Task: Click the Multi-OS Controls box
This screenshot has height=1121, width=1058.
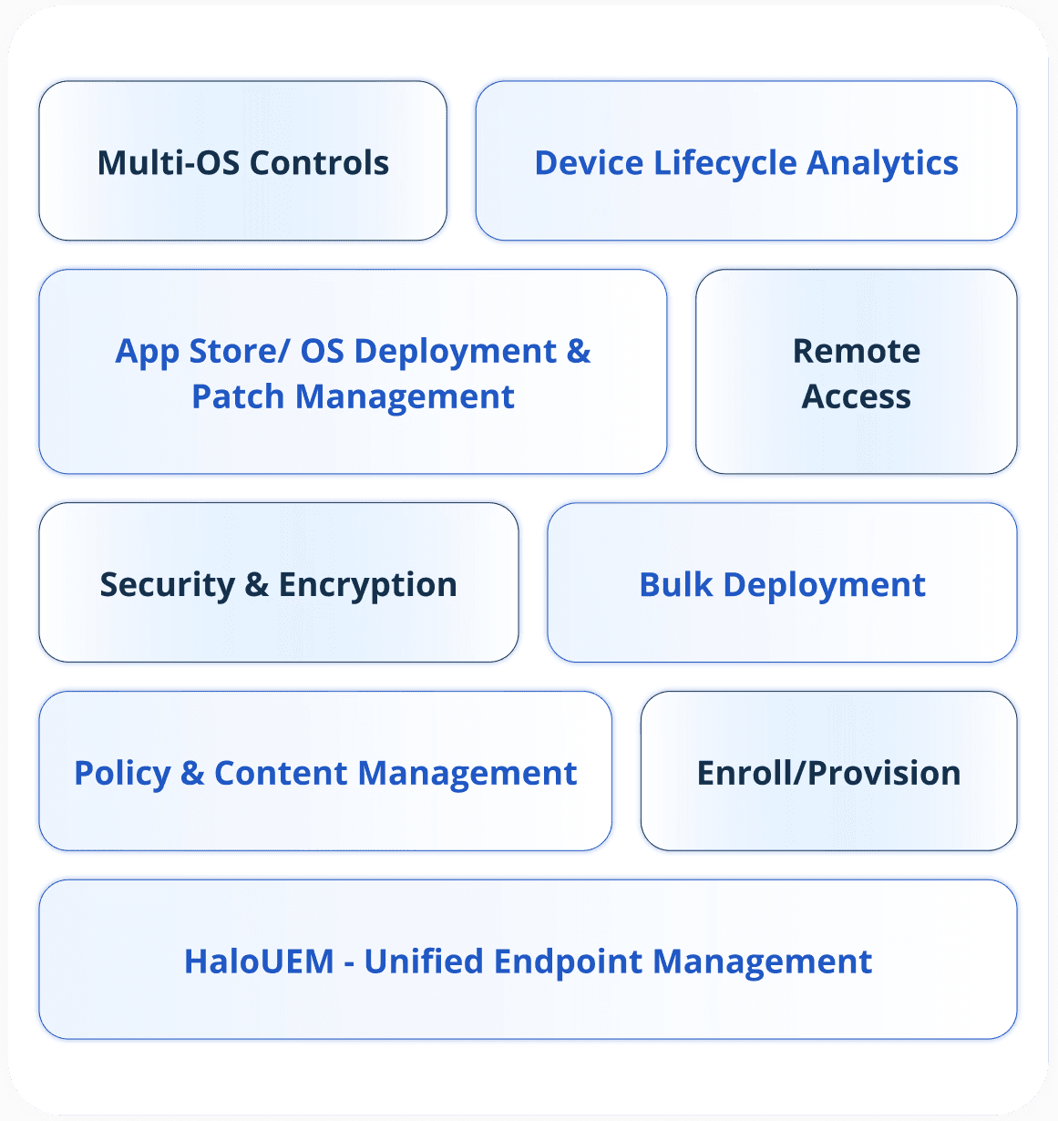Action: coord(242,161)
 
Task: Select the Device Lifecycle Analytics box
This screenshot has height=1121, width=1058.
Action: coord(745,161)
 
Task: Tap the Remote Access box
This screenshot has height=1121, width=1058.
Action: coord(856,372)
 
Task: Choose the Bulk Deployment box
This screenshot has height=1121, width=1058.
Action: coord(782,583)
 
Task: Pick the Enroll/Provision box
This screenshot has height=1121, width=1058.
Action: coord(828,772)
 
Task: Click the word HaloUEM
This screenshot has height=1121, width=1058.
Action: coord(259,962)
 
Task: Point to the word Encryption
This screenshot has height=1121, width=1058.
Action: coord(367,585)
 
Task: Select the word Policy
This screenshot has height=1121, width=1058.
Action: coord(122,774)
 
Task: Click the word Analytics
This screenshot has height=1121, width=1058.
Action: coord(882,163)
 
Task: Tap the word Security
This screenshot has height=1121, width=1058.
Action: coord(167,585)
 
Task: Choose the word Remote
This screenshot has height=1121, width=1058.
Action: coord(857,351)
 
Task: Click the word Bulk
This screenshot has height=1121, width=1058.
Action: coord(675,584)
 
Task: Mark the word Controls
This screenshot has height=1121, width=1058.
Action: coord(319,162)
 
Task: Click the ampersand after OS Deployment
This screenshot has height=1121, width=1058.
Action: coord(579,351)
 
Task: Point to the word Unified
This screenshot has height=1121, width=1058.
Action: coord(423,962)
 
